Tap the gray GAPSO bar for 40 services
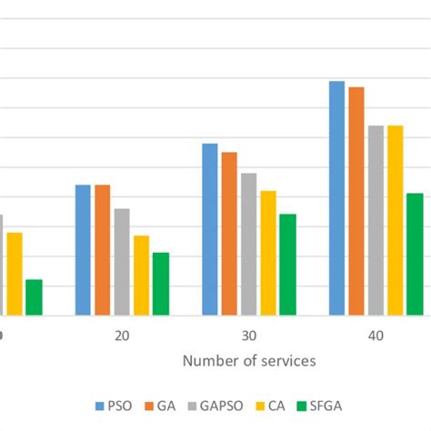point(376,220)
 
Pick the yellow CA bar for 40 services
point(395,220)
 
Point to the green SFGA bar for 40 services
point(415,254)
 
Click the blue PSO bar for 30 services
point(210,229)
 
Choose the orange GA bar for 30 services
point(229,234)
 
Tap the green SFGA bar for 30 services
point(287,265)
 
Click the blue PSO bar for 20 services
point(84,250)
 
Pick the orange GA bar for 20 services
point(103,250)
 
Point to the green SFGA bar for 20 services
point(161,284)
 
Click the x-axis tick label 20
point(122,336)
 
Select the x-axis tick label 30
point(248,336)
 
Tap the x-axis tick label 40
point(376,336)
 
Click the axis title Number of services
point(249,361)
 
